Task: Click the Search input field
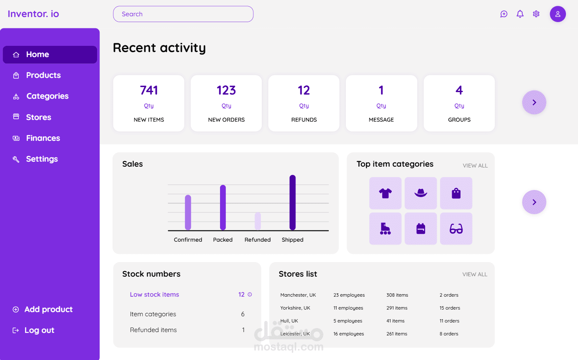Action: (183, 14)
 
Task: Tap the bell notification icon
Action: (520, 14)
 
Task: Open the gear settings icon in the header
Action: (536, 14)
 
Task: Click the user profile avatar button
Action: (558, 14)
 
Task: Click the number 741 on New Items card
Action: (149, 90)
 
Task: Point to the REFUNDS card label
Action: (304, 120)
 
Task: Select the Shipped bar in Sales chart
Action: (293, 202)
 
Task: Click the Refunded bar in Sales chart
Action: (258, 221)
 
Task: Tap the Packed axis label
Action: (223, 240)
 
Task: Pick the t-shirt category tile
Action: (385, 193)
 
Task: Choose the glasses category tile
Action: (456, 229)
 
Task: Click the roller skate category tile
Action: (385, 229)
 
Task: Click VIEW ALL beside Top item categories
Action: (475, 166)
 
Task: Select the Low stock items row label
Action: (154, 295)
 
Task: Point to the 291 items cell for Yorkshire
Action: (397, 308)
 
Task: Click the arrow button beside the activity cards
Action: (534, 102)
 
